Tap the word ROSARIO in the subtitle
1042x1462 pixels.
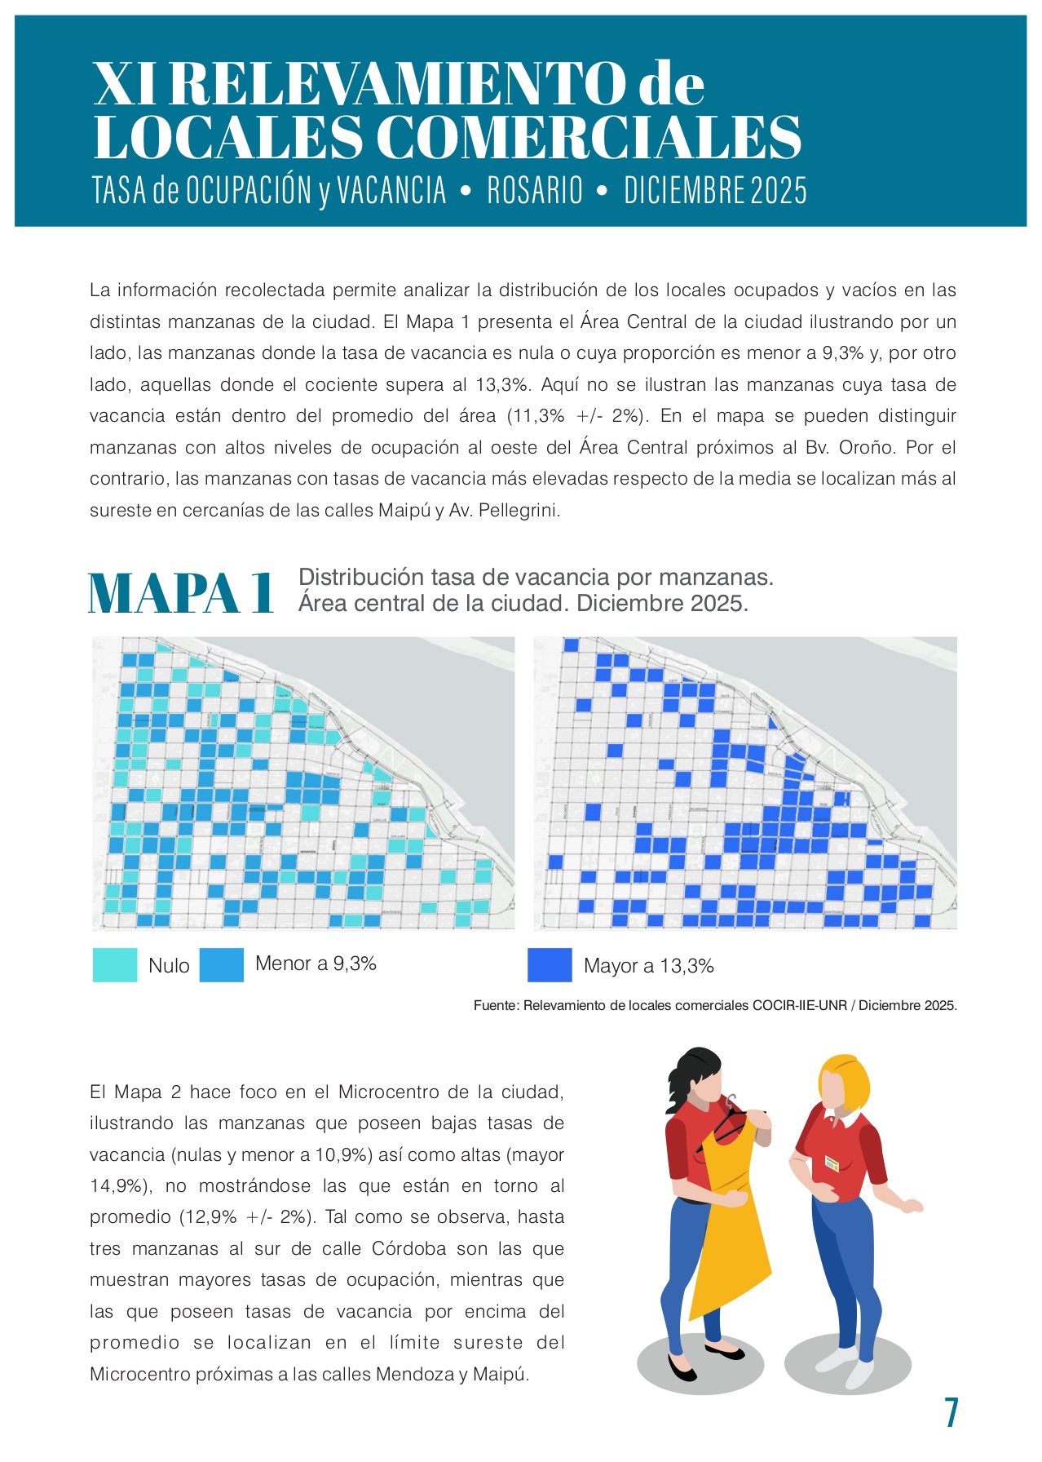(535, 191)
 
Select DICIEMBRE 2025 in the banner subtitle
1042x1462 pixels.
(715, 191)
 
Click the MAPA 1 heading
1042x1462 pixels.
(181, 593)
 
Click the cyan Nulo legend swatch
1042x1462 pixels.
(115, 964)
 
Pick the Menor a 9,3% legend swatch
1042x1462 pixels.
(221, 964)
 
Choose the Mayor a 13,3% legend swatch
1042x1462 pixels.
(550, 964)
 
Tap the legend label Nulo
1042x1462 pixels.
(169, 966)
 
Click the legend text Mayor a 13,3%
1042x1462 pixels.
(648, 966)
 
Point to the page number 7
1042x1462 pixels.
(951, 1412)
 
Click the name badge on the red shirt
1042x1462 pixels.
(832, 1162)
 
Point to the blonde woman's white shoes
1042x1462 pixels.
(848, 1362)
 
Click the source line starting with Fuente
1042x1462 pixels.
(715, 1006)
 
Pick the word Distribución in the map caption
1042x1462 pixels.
(360, 577)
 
